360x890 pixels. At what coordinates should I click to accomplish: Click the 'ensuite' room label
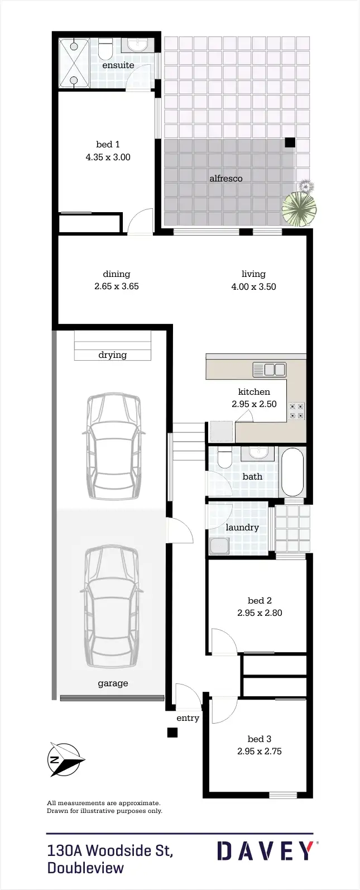click(118, 65)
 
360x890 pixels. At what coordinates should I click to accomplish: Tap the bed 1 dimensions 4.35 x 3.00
click(108, 157)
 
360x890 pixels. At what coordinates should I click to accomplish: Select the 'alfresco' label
click(225, 179)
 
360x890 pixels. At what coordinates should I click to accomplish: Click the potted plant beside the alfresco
click(299, 207)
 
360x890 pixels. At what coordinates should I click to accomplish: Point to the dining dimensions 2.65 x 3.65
click(117, 286)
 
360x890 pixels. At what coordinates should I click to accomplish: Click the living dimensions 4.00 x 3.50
click(253, 287)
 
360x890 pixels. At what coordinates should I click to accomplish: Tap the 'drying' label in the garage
click(112, 355)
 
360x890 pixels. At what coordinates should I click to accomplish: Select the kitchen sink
click(270, 370)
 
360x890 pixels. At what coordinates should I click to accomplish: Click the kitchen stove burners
click(296, 411)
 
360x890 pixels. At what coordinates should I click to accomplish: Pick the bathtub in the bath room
click(292, 472)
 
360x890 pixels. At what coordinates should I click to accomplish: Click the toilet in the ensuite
click(105, 49)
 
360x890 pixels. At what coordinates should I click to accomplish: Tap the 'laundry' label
click(242, 528)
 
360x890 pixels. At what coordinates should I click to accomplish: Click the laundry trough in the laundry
click(219, 546)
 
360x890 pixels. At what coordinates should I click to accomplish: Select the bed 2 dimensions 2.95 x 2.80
click(260, 613)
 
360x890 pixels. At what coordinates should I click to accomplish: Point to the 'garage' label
click(113, 683)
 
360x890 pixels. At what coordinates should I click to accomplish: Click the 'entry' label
click(188, 719)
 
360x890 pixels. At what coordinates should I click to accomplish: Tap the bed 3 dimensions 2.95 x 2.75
click(260, 752)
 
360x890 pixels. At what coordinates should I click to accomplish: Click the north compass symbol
click(65, 760)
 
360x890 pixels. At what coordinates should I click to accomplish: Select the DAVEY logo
click(266, 851)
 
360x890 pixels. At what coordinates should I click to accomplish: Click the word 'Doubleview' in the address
click(85, 868)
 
